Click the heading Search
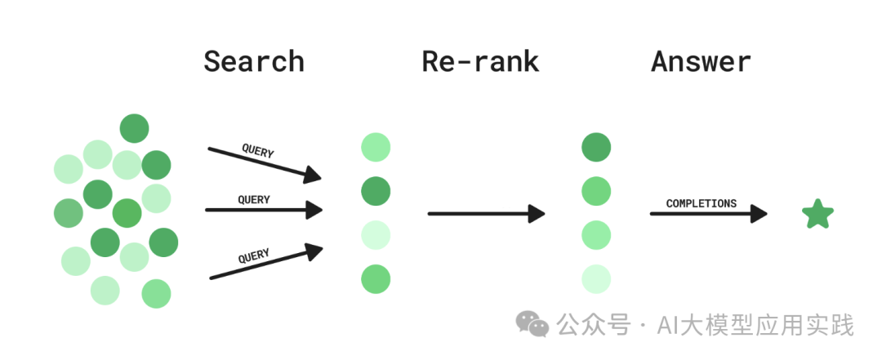click(x=253, y=62)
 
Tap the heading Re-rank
click(x=480, y=62)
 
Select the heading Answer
click(x=701, y=62)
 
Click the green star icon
click(x=817, y=215)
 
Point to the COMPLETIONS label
click(x=701, y=203)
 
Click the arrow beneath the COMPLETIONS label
click(x=707, y=215)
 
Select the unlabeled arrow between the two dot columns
click(x=486, y=215)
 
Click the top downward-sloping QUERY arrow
click(x=264, y=162)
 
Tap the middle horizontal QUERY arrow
click(x=263, y=211)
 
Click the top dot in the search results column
click(x=376, y=148)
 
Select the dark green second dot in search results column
click(x=376, y=192)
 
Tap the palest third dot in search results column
click(x=376, y=235)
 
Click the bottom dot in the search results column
click(x=376, y=279)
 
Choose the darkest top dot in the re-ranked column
click(x=596, y=148)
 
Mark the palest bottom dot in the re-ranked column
click(x=596, y=279)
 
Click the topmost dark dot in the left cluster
click(x=134, y=128)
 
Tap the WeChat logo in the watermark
click(x=532, y=325)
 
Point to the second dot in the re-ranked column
click(x=596, y=192)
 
